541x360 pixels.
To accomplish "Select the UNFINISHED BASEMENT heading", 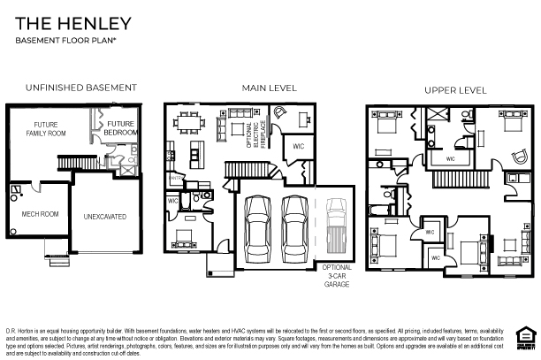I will [x=80, y=88].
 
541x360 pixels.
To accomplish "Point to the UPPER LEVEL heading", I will [x=455, y=90].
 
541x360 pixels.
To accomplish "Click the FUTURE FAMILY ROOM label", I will [x=46, y=129].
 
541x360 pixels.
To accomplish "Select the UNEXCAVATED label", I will [x=105, y=215].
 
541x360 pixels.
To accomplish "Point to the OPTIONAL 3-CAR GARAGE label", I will [x=337, y=274].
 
